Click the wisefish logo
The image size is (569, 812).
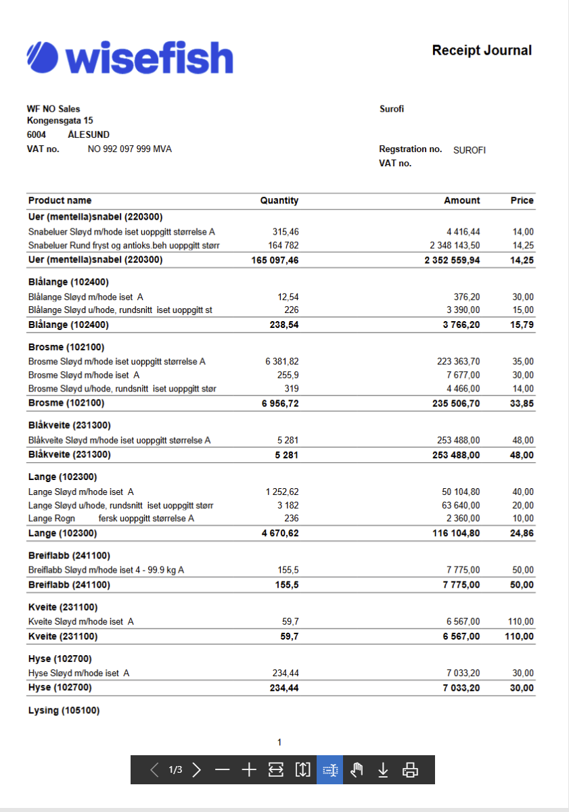tap(129, 57)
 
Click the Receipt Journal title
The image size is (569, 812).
tap(482, 51)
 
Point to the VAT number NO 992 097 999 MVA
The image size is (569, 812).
tap(130, 149)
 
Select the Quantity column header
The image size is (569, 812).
tap(279, 201)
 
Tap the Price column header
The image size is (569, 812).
tap(522, 201)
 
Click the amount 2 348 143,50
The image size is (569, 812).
tap(455, 245)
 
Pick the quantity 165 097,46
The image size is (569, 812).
tap(275, 260)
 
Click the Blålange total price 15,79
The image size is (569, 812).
tap(522, 325)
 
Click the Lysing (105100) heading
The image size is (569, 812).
tap(64, 711)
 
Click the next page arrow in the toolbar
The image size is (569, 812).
tap(197, 769)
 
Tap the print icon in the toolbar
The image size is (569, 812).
tap(410, 769)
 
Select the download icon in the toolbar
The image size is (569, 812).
tap(383, 769)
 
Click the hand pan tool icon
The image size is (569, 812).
tap(357, 769)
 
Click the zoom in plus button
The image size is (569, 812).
tap(249, 769)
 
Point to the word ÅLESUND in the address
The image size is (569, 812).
tap(89, 135)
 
